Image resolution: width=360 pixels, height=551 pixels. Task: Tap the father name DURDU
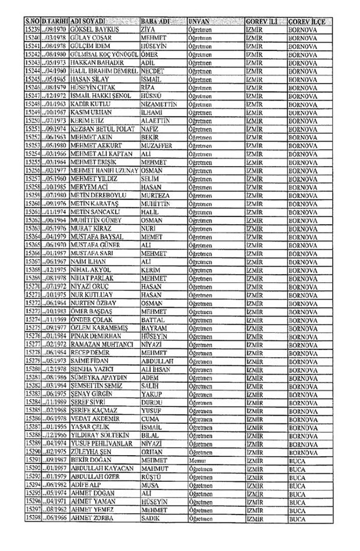click(x=152, y=401)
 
